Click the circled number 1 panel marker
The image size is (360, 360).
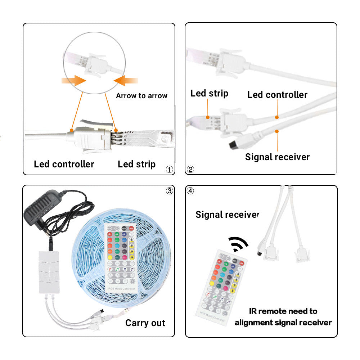point(170,169)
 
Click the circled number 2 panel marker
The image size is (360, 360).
point(190,169)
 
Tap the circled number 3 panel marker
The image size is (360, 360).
point(170,191)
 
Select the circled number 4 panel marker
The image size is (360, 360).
point(190,191)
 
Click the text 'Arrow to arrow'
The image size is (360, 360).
point(141,96)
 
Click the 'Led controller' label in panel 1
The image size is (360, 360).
point(64,165)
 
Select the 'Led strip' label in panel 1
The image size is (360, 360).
point(136,165)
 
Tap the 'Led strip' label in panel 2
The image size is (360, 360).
point(209,94)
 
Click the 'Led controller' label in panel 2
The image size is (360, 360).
point(277,95)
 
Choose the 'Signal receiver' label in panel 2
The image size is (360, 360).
point(277,157)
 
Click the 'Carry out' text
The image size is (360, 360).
point(145,323)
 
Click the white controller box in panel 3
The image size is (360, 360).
point(49,272)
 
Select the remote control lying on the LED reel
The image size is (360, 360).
point(121,257)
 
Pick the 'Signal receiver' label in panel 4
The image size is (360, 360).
point(227,215)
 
